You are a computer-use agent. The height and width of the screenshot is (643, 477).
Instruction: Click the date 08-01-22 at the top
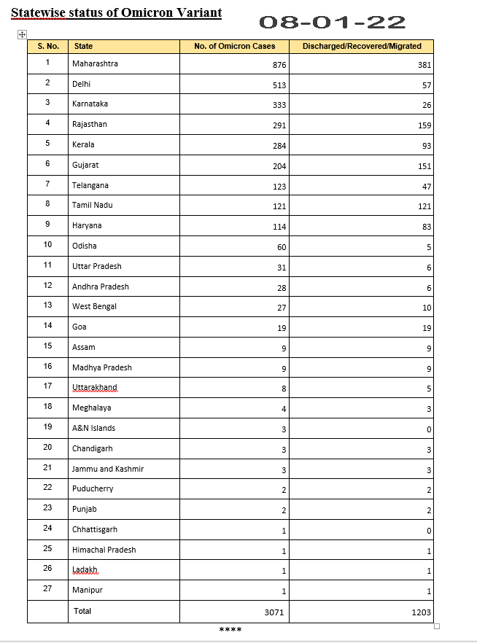pyautogui.click(x=333, y=23)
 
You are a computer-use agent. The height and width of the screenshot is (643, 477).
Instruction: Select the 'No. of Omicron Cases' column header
pyautogui.click(x=234, y=46)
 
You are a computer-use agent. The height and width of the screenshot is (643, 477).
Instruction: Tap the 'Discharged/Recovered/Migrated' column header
pyautogui.click(x=362, y=46)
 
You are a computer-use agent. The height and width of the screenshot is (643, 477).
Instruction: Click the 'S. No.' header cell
pyautogui.click(x=48, y=46)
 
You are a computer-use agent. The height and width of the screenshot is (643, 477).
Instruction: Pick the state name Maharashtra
pyautogui.click(x=95, y=63)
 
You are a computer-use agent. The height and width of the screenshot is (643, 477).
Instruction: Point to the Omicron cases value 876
pyautogui.click(x=279, y=65)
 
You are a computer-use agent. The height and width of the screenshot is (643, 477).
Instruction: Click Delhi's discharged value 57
pyautogui.click(x=427, y=85)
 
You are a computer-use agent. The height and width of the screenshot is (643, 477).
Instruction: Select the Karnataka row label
pyautogui.click(x=90, y=104)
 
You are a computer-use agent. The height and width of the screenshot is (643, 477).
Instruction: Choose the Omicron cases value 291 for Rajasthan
pyautogui.click(x=279, y=125)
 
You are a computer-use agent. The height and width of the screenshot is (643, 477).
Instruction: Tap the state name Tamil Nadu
pyautogui.click(x=92, y=205)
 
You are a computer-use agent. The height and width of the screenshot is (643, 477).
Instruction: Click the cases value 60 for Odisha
pyautogui.click(x=282, y=247)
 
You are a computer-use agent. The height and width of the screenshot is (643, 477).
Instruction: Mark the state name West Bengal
pyautogui.click(x=94, y=306)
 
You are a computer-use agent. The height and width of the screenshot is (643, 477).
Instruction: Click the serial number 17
pyautogui.click(x=48, y=386)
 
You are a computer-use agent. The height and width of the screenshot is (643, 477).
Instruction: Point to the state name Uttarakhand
pyautogui.click(x=94, y=387)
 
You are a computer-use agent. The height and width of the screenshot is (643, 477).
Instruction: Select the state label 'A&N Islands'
pyautogui.click(x=93, y=428)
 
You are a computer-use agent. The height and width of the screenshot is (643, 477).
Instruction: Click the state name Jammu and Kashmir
pyautogui.click(x=108, y=469)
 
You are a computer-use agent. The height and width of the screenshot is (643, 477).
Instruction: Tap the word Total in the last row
pyautogui.click(x=82, y=611)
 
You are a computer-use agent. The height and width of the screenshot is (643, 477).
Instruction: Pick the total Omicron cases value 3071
pyautogui.click(x=274, y=612)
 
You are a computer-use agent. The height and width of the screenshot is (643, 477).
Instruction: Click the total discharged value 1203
pyautogui.click(x=421, y=612)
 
